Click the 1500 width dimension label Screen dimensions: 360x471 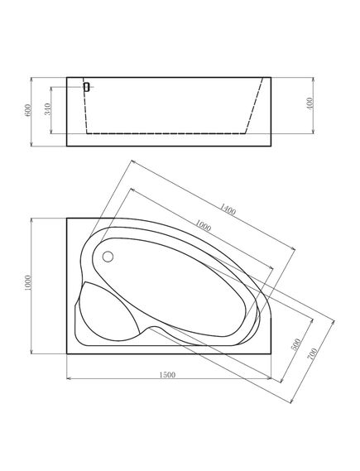167,375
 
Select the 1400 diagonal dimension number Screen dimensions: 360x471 228,209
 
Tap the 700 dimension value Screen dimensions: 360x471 312,353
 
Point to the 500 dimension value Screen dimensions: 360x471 295,344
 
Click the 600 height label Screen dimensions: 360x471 28,110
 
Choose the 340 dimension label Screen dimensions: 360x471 47,109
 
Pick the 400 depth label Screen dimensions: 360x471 310,103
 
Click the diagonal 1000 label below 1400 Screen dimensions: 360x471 203,225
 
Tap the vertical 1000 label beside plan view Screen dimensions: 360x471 27,282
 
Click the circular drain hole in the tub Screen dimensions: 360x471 108,257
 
